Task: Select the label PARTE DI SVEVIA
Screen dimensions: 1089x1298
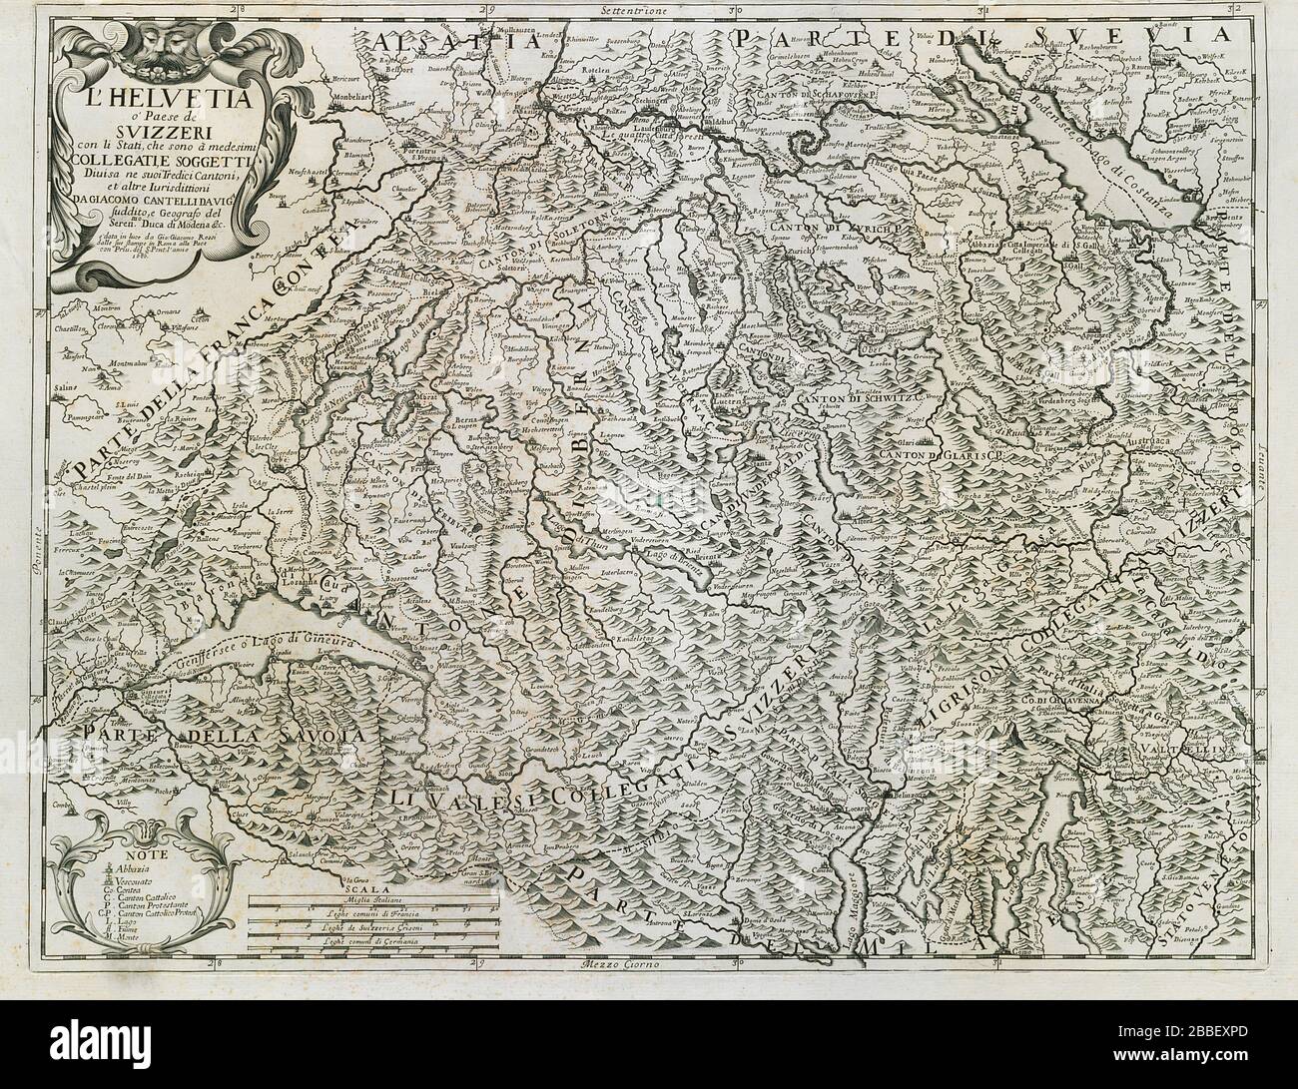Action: tap(998, 38)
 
